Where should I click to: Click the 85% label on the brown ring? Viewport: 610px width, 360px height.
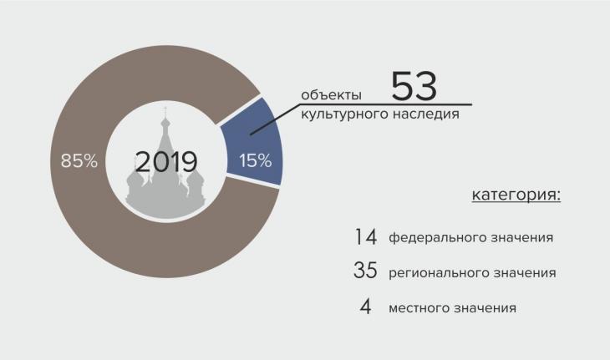point(79,160)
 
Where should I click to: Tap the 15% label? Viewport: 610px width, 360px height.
point(255,160)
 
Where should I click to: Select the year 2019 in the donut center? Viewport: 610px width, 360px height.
point(166,161)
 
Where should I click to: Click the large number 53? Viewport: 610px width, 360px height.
point(414,86)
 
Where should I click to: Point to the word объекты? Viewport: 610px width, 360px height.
point(331,95)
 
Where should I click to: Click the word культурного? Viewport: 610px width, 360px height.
point(345,114)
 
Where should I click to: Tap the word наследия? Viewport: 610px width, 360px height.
point(426,114)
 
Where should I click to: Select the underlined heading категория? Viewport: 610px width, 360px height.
point(516,194)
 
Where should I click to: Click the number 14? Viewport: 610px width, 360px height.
point(366,236)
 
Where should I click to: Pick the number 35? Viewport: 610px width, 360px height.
point(365,270)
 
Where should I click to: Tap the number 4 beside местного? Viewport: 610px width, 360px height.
point(365,307)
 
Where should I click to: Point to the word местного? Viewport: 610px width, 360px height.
point(419,308)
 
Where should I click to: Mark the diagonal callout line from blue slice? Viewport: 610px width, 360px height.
point(275,119)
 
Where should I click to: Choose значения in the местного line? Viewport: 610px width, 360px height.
point(485,308)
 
